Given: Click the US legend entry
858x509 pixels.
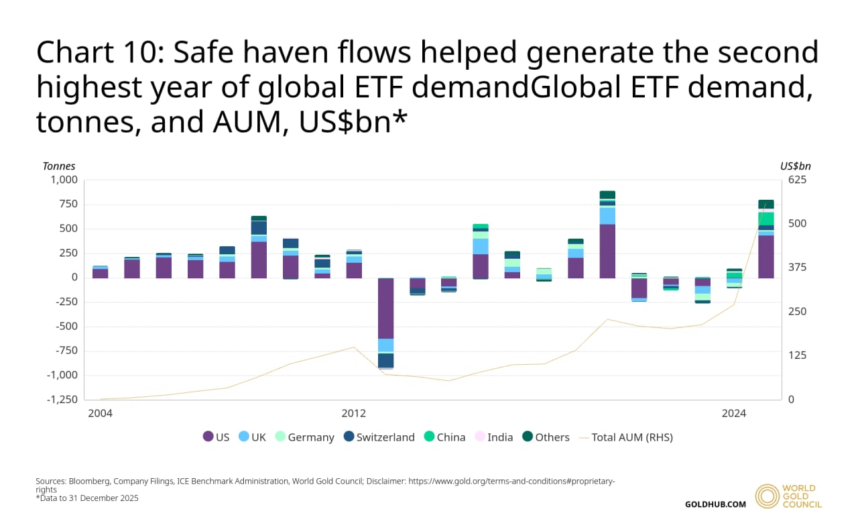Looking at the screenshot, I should pos(216,437).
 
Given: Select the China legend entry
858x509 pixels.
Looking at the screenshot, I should pos(444,437).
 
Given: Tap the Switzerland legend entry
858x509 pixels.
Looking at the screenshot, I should pos(379,437).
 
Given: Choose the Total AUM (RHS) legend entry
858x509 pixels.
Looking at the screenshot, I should pos(625,437).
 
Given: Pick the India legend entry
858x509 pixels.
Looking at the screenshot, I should pos(493,437).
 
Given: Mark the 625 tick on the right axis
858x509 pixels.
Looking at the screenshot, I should pos(798,180).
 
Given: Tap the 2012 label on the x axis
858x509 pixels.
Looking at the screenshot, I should pos(353,414).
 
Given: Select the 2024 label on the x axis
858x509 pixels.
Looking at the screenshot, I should pos(734,414).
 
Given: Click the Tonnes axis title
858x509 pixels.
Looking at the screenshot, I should pos(59,166).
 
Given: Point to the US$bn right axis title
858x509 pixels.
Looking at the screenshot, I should pos(796,166).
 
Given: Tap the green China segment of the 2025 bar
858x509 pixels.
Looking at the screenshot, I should pos(766,219).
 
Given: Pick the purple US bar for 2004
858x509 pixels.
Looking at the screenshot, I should pos(100,273).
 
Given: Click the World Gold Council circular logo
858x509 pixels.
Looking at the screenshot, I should pos(767,496).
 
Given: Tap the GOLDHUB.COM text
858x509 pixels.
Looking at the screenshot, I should pos(715,504).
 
